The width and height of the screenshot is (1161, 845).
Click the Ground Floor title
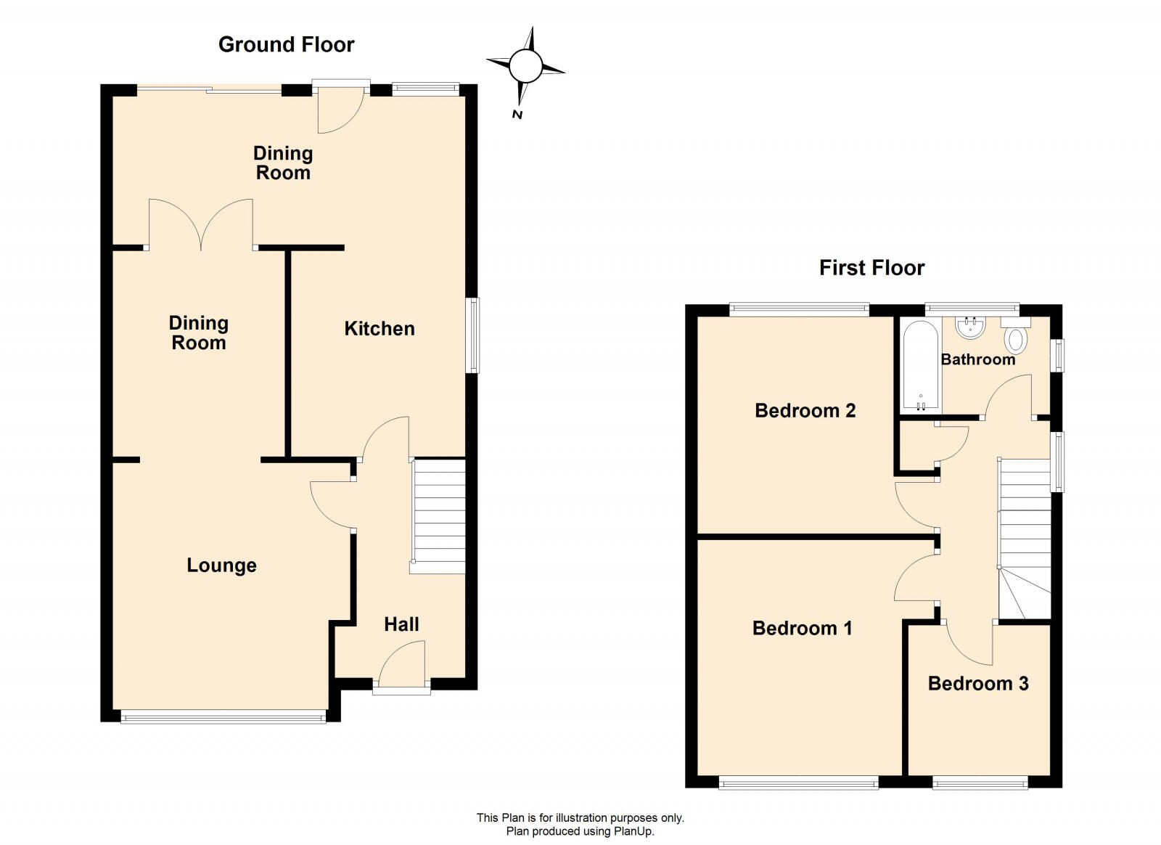(x=286, y=45)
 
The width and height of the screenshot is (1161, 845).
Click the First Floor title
(x=871, y=268)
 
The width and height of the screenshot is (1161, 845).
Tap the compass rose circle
(x=525, y=67)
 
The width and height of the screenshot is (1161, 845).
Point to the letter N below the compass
(x=517, y=114)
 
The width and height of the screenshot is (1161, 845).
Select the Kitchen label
(x=380, y=329)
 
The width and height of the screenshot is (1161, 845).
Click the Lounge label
(x=221, y=566)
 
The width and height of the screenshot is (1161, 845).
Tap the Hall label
(x=401, y=624)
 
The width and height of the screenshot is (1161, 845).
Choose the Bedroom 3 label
(x=978, y=683)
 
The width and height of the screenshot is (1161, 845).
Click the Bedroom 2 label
(x=805, y=411)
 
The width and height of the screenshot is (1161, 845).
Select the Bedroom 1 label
(x=802, y=628)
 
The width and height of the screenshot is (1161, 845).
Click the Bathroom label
(x=977, y=359)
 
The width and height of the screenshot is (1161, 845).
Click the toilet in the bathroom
(x=1016, y=338)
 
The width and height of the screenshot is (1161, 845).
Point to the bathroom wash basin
(x=969, y=329)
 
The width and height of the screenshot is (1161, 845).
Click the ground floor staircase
(x=438, y=515)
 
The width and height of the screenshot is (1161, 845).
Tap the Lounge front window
(x=223, y=718)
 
